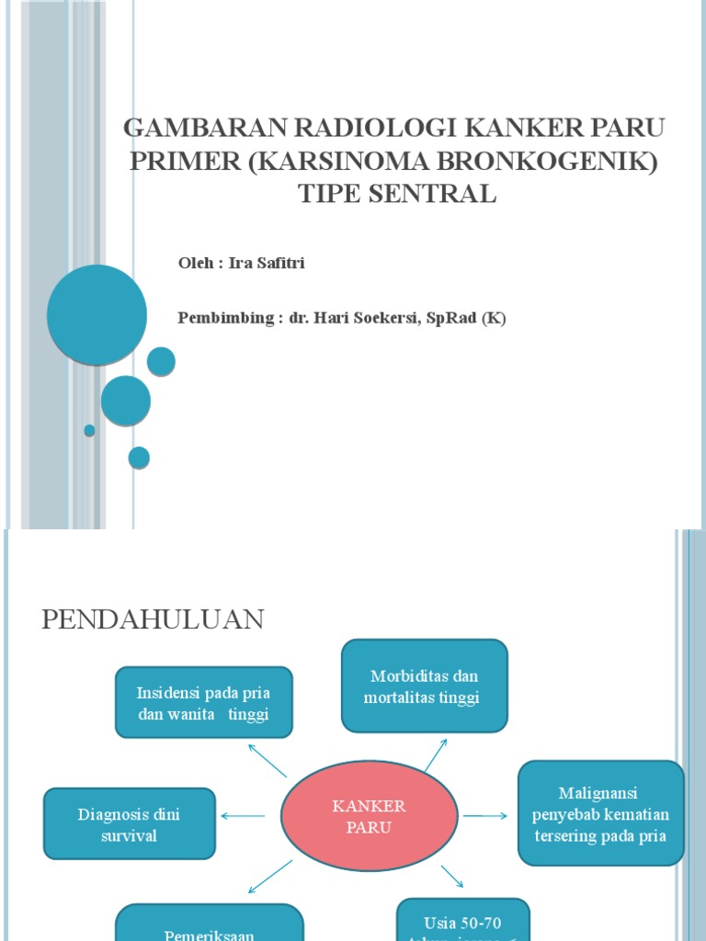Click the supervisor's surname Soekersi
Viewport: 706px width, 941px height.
point(385,319)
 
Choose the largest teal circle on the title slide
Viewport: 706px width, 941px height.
point(97,314)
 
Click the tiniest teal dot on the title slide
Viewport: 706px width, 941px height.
point(89,430)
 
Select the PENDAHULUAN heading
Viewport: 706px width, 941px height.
point(153,620)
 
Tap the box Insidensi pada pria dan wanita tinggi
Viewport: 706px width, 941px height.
point(203,703)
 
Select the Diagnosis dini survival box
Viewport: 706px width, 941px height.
point(130,824)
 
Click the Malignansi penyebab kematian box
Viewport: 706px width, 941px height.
point(600,814)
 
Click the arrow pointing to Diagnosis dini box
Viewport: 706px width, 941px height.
point(244,815)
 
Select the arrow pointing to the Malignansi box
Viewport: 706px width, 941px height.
point(484,815)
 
